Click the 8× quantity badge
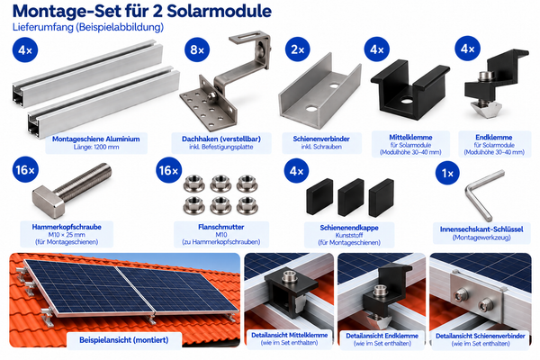pyautogui.click(x=197, y=49)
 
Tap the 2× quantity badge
pyautogui.click(x=298, y=49)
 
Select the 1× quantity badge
pyautogui.click(x=447, y=173)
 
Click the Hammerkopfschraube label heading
pyautogui.click(x=67, y=227)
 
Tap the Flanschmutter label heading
pyautogui.click(x=221, y=227)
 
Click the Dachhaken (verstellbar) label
pyautogui.click(x=221, y=139)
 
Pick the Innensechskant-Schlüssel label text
pyautogui.click(x=481, y=229)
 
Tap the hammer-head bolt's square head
pyautogui.click(x=49, y=202)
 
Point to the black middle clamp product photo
pyautogui.click(x=409, y=89)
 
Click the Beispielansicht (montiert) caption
pyautogui.click(x=124, y=340)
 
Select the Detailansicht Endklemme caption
pyautogui.click(x=382, y=336)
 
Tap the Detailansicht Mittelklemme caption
pyautogui.click(x=289, y=335)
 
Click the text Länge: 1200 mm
pyautogui.click(x=96, y=147)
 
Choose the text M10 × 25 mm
pyautogui.click(x=67, y=235)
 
